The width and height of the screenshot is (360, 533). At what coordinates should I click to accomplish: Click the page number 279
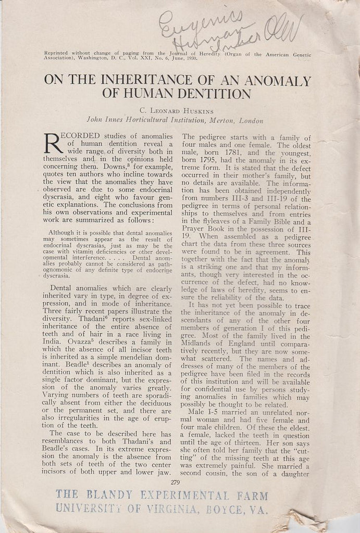(x=175, y=482)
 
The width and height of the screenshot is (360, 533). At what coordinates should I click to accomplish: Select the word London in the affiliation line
(x=251, y=120)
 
